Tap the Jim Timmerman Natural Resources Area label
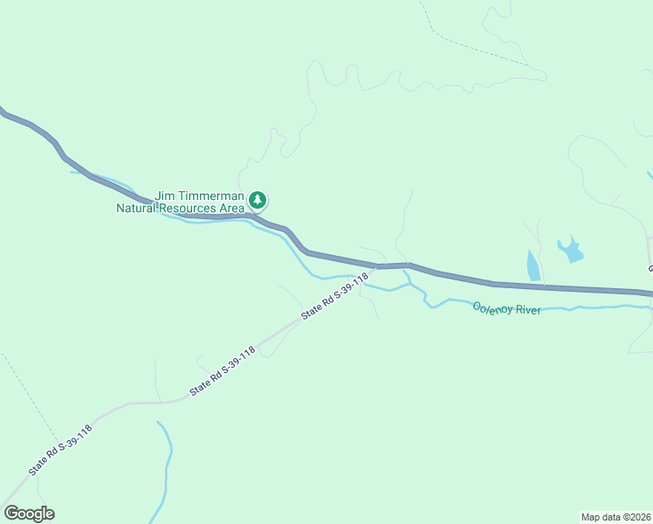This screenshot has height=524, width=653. [182, 202]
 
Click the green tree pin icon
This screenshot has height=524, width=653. [258, 200]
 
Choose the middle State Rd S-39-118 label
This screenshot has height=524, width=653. [223, 371]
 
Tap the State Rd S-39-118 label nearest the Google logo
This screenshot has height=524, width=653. [60, 449]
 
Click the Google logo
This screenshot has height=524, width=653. [29, 514]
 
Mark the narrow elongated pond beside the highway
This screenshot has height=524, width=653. [533, 265]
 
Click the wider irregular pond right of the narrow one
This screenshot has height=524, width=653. [571, 251]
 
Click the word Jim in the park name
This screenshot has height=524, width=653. [165, 196]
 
